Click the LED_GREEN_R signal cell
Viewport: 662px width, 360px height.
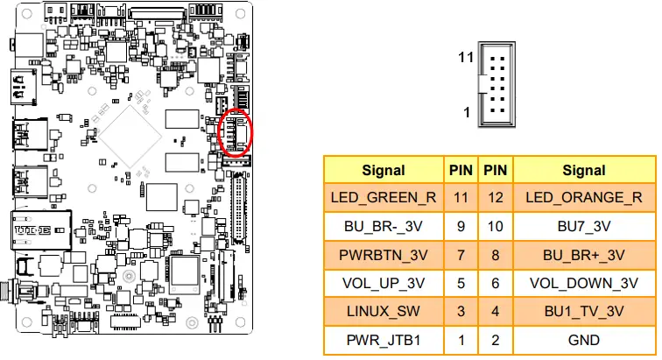384,197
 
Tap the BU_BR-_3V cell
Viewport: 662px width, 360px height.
384,226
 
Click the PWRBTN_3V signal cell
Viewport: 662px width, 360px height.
384,255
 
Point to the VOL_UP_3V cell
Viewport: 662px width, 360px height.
384,284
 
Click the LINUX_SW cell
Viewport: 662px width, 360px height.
384,313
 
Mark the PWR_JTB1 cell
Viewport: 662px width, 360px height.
384,341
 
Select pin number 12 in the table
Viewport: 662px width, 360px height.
496,197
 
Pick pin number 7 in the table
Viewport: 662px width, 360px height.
461,255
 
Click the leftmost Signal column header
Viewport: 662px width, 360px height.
384,170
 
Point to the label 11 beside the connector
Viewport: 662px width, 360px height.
466,58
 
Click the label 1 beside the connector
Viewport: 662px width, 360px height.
468,113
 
